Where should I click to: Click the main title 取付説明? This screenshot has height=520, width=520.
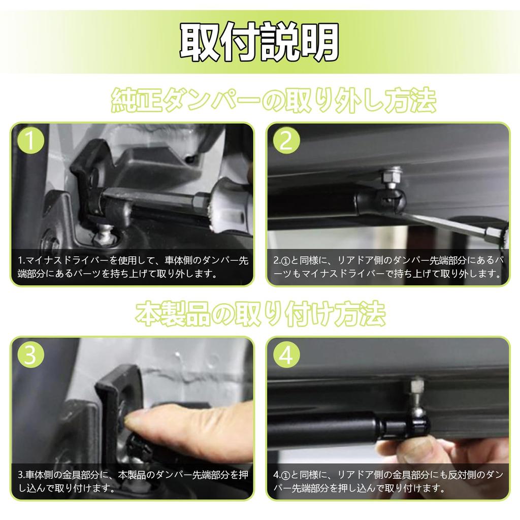coord(259,42)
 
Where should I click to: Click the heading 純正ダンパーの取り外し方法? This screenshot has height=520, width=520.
coord(273,100)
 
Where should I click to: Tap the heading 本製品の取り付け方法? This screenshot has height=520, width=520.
coord(261,313)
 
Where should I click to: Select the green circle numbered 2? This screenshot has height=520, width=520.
coord(286,140)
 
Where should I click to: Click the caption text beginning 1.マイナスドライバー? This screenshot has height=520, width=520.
coord(133,267)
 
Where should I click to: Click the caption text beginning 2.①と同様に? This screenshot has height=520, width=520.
coord(388,267)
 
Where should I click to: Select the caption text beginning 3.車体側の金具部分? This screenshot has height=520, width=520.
coord(133,481)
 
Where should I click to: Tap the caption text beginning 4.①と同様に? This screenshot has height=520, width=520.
coord(388,481)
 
